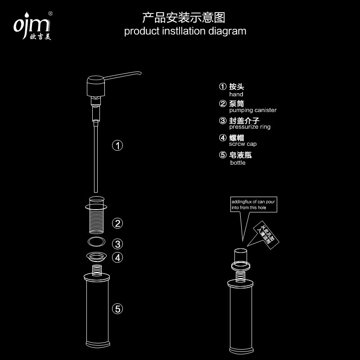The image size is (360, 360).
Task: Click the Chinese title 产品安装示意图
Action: pos(183,18)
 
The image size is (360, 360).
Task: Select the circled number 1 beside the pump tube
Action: pos(117,145)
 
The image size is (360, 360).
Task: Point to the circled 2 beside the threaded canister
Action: pos(117,223)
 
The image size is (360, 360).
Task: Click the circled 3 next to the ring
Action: pos(117,244)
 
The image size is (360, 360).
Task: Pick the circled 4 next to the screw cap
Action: pos(117,257)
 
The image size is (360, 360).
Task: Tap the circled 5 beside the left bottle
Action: pos(117,309)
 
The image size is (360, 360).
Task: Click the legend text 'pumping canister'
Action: pos(253,110)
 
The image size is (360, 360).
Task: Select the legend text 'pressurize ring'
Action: pos(250,127)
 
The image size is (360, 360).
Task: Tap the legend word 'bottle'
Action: pos(238,162)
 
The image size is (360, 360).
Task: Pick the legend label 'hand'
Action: pos(236,94)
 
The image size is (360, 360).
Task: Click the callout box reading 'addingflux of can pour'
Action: pos(253,205)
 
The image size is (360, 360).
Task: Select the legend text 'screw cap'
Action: pos(243,144)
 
